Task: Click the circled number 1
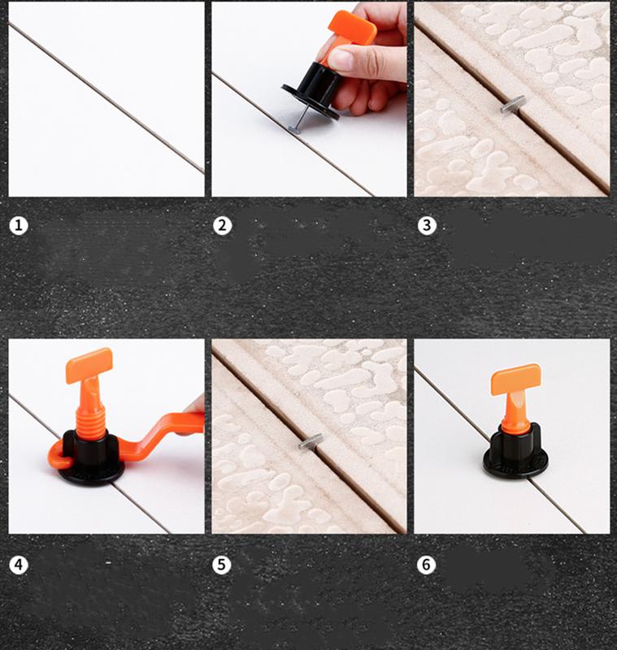18,226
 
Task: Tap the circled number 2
222,226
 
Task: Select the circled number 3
427,226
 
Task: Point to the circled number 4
18,565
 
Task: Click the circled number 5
221,565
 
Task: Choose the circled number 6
426,565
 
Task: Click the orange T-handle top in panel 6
515,379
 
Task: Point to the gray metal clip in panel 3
512,104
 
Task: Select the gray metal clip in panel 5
311,441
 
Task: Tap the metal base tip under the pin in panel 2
295,129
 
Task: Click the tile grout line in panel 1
106,97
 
